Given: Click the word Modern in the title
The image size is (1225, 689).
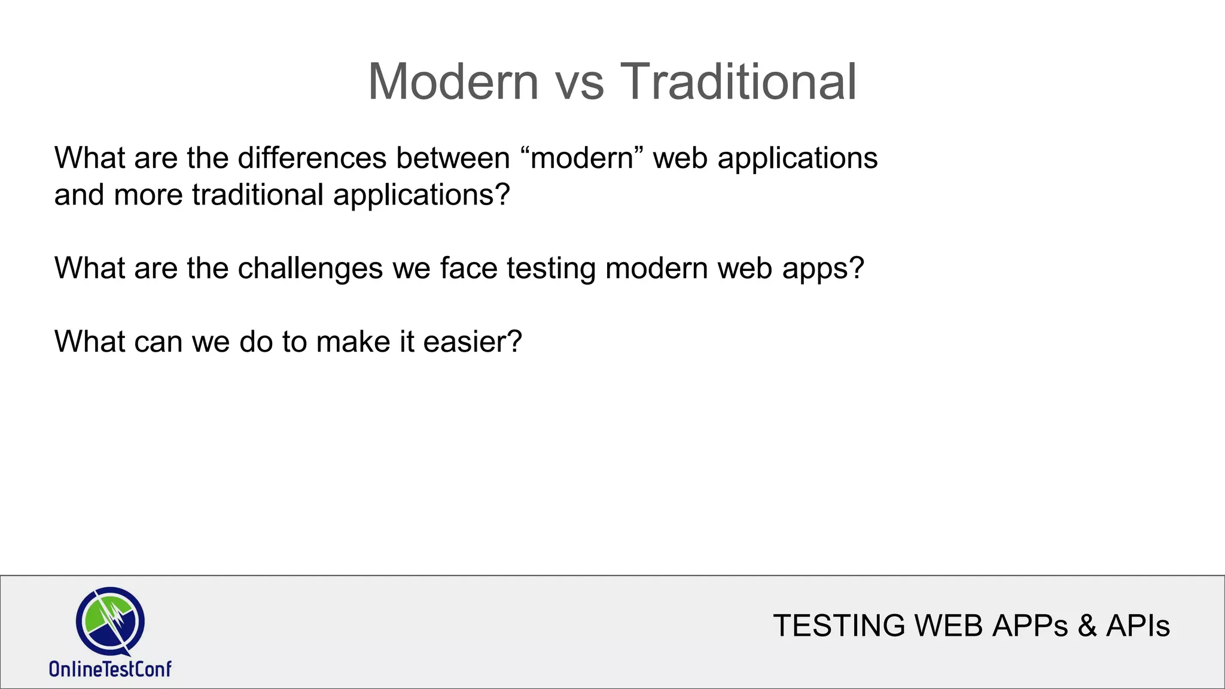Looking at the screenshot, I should click(x=453, y=82).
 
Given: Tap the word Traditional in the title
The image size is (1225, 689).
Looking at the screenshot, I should click(x=738, y=82).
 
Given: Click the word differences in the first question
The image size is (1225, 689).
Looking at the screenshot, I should click(x=312, y=158).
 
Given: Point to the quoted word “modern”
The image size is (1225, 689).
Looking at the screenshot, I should click(x=582, y=158).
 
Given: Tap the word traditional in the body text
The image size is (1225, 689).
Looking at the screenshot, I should click(x=258, y=196).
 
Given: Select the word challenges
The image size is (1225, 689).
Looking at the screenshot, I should click(x=310, y=269).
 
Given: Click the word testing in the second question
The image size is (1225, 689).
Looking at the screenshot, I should click(x=551, y=269).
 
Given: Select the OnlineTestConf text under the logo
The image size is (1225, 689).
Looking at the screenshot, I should click(x=110, y=669).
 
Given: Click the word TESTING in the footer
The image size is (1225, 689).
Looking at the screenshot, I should click(x=839, y=626).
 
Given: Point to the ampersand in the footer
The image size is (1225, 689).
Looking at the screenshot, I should click(x=1087, y=626).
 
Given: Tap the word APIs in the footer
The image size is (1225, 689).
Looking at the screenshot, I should click(x=1138, y=626).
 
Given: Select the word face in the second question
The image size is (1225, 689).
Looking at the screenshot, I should click(x=468, y=269).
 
